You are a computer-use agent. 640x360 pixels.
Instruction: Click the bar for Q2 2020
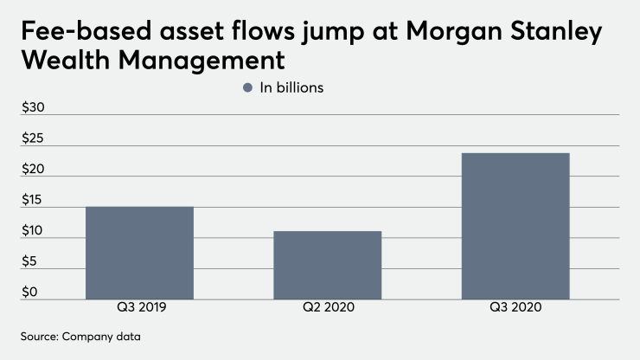click(327, 265)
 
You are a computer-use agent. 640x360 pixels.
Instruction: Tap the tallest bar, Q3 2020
click(515, 226)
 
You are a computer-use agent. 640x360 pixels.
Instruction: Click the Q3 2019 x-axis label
click(138, 308)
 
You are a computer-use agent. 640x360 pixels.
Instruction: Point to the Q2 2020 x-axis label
click(327, 308)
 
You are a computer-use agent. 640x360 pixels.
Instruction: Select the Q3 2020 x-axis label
click(515, 308)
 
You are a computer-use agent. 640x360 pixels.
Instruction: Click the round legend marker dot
click(248, 87)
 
